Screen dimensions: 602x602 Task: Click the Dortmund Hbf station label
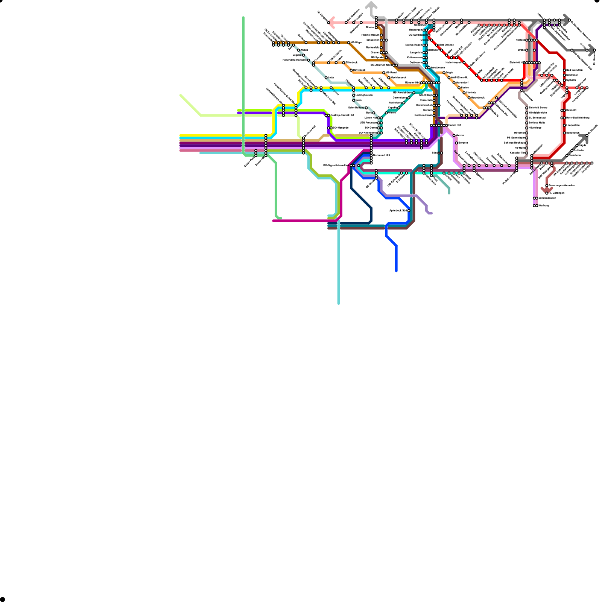click(382, 155)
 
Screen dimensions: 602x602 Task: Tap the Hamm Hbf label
click(455, 125)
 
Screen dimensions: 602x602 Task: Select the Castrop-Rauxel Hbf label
click(342, 115)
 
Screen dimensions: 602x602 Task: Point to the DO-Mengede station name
click(341, 128)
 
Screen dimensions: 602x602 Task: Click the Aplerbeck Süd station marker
click(409, 211)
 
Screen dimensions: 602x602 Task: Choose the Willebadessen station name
click(547, 198)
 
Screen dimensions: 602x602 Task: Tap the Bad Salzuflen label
click(575, 70)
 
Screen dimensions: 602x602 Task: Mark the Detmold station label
click(571, 110)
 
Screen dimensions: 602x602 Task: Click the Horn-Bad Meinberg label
click(578, 118)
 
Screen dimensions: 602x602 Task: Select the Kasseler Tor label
click(517, 153)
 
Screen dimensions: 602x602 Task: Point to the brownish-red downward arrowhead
click(547, 190)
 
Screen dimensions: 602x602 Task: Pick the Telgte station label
click(449, 73)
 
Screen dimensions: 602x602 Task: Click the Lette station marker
click(326, 78)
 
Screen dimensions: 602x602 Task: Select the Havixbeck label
click(359, 70)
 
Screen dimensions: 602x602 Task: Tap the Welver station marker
click(454, 135)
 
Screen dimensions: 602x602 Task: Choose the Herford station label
click(520, 40)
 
